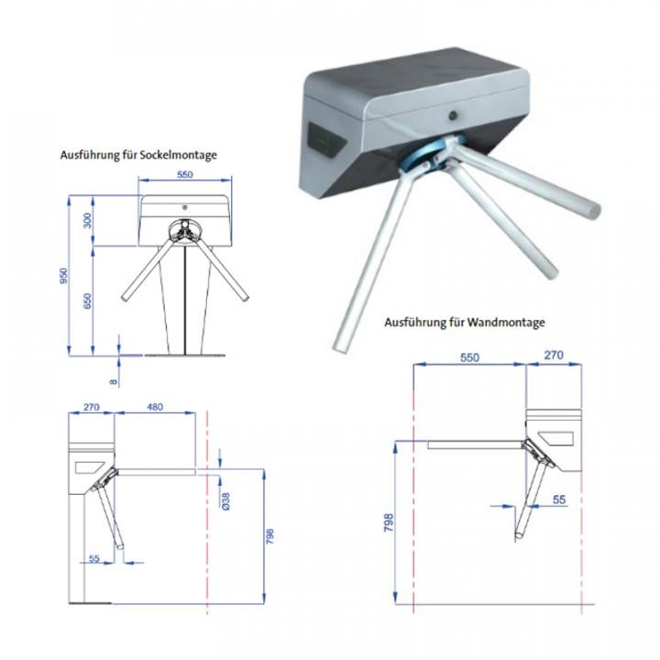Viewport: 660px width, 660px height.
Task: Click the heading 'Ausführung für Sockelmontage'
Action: (138, 155)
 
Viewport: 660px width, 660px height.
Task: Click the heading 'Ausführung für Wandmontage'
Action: (464, 323)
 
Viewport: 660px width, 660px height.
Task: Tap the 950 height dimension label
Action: (64, 276)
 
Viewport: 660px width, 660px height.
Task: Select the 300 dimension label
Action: (88, 221)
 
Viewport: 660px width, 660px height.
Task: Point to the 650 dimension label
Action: (88, 301)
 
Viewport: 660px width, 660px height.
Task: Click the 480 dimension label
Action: (155, 407)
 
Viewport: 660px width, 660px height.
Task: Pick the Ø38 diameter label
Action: (226, 501)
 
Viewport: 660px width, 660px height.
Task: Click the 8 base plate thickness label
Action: (114, 381)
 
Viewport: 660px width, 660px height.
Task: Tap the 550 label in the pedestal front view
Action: (185, 174)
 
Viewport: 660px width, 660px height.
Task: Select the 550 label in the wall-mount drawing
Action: (469, 357)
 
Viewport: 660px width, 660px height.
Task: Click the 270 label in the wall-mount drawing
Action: (554, 356)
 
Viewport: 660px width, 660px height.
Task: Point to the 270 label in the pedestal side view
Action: (92, 407)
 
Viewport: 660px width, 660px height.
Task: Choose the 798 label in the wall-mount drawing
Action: (389, 522)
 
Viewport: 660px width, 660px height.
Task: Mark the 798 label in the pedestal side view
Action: (269, 536)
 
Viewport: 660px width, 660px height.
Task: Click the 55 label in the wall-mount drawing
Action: (559, 500)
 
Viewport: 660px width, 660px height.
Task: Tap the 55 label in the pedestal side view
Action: (94, 558)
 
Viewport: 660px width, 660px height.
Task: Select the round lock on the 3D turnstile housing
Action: (454, 115)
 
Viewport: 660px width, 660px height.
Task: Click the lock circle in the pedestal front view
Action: (184, 207)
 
